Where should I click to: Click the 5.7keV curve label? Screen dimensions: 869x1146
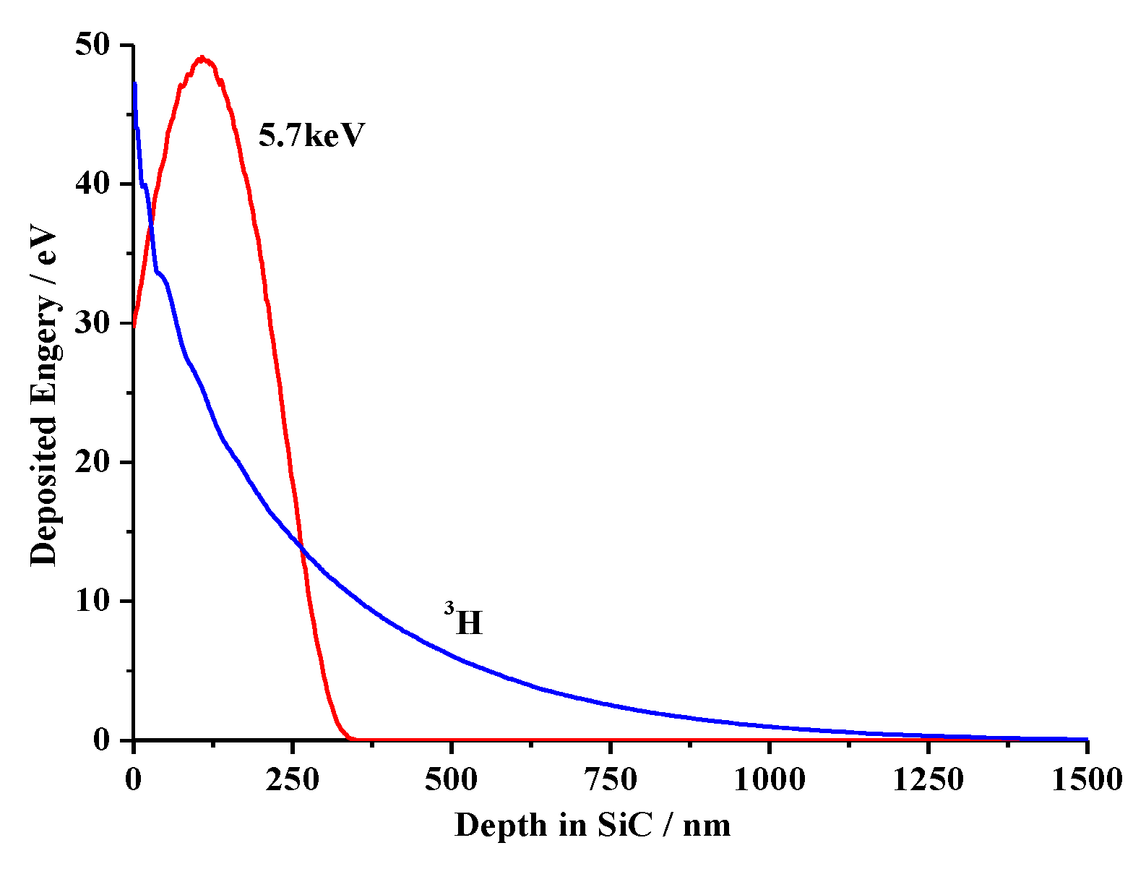[x=311, y=135]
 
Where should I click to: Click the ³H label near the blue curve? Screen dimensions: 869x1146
[x=464, y=621]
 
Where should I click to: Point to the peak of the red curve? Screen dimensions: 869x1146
[x=202, y=58]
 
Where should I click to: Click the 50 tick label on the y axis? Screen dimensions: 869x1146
[x=92, y=45]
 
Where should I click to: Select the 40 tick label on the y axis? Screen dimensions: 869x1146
[x=92, y=184]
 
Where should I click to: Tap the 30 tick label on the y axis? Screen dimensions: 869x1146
[x=92, y=323]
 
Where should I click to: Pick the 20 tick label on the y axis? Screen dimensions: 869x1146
[x=92, y=462]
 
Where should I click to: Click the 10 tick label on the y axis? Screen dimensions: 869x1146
[x=92, y=601]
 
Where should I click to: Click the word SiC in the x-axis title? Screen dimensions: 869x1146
[x=634, y=825]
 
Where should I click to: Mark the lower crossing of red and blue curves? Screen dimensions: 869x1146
[x=301, y=548]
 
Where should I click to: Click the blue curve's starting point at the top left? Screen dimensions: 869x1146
[x=134, y=85]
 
